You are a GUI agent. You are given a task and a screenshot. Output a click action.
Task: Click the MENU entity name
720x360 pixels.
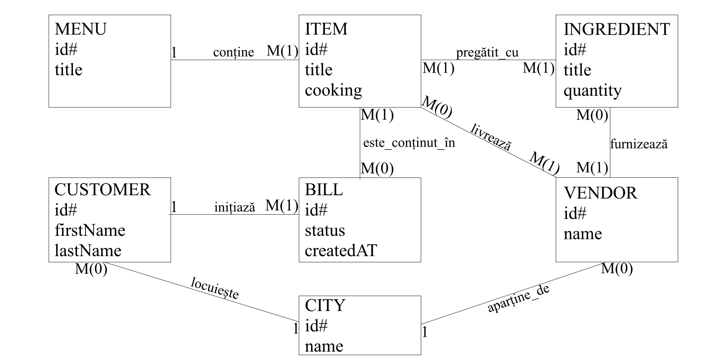[x=81, y=29]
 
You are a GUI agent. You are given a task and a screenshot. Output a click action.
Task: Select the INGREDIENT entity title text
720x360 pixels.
[x=616, y=29]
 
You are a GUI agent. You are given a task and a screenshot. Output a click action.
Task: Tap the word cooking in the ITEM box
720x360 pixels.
[x=333, y=90]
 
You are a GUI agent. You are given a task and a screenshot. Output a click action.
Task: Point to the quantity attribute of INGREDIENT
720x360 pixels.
[x=592, y=91]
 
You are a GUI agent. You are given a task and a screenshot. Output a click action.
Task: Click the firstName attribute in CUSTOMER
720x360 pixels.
[x=90, y=230]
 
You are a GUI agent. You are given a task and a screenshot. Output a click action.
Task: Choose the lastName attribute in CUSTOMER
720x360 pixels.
[x=88, y=251]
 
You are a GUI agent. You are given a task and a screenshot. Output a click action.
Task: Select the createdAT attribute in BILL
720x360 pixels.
[x=341, y=251]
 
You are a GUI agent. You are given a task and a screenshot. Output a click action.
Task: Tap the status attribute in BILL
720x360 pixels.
[x=325, y=230]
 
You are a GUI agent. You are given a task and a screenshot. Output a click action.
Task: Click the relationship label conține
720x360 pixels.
[x=234, y=52]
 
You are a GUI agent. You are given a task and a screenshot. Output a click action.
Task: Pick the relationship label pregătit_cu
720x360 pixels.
[x=487, y=53]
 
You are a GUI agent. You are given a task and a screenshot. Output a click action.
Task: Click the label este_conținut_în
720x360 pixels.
[x=409, y=143]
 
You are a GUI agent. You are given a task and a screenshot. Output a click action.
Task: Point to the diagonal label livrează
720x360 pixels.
[x=491, y=137]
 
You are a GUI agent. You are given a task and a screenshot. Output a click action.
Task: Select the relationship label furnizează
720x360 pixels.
[x=639, y=144]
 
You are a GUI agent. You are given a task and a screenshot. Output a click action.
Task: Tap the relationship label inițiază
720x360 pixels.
[x=234, y=207]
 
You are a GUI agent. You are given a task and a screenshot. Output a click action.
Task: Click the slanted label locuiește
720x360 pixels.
[x=215, y=288]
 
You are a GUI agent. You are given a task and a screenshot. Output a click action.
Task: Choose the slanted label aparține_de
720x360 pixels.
[x=518, y=298]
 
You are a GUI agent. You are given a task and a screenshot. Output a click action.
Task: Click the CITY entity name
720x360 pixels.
[x=325, y=306]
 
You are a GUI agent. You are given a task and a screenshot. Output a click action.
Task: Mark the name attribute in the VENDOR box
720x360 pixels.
[x=583, y=234]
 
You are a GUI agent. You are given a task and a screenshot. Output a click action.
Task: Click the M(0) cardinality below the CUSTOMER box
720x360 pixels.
[x=91, y=269]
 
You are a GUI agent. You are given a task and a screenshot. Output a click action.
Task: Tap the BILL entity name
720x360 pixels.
[x=324, y=190]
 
